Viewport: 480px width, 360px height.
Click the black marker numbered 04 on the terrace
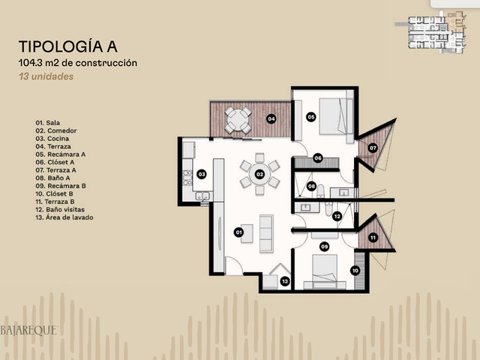point(271,118)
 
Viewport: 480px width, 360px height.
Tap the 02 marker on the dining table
point(259,175)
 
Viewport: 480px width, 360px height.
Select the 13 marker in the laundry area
point(285,281)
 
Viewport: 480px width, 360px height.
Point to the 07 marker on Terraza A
point(373,148)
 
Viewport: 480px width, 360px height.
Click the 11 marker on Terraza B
point(373,238)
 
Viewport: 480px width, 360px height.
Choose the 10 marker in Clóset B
point(355,271)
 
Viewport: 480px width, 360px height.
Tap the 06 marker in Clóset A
point(318,158)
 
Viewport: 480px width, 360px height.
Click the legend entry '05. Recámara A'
point(61,154)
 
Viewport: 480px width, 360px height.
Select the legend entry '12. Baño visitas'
point(60,210)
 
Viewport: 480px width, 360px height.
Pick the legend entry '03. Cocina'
point(52,139)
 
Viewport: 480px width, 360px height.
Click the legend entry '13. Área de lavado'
point(64,217)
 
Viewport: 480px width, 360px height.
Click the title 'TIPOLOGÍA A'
point(68,46)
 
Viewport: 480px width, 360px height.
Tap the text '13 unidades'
point(46,76)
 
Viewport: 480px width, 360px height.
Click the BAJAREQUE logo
point(28,331)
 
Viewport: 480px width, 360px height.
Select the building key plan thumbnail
point(431,32)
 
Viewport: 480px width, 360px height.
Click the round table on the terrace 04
point(238,120)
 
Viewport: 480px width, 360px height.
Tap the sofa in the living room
point(266,233)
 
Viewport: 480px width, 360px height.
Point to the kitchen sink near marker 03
point(202,196)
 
